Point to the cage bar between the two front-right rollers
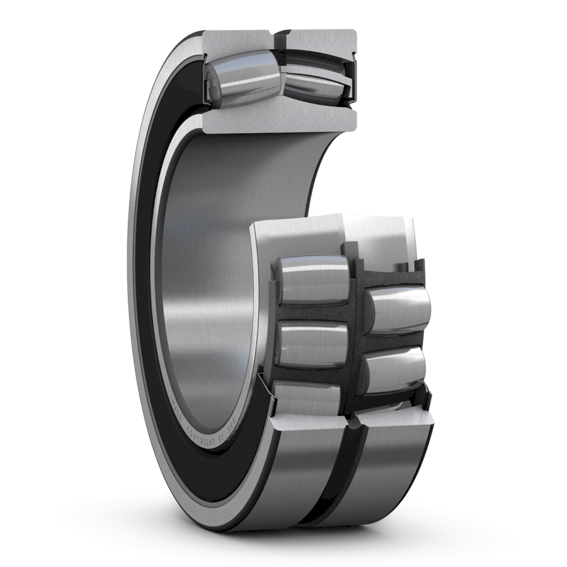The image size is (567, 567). pyautogui.click(x=394, y=341)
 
